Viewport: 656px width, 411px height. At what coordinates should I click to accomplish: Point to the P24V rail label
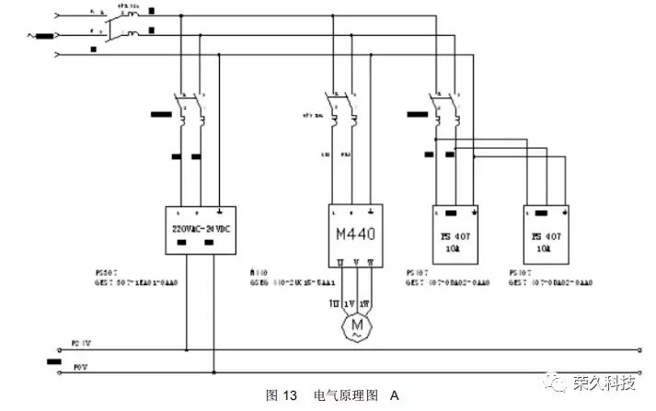[82, 344]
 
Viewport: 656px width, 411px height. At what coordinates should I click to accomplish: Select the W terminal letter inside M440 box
[372, 263]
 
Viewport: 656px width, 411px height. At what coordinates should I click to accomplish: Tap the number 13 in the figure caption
[289, 396]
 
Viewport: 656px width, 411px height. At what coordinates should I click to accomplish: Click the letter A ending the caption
[395, 396]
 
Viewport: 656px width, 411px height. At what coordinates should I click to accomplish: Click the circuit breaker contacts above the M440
[337, 108]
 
